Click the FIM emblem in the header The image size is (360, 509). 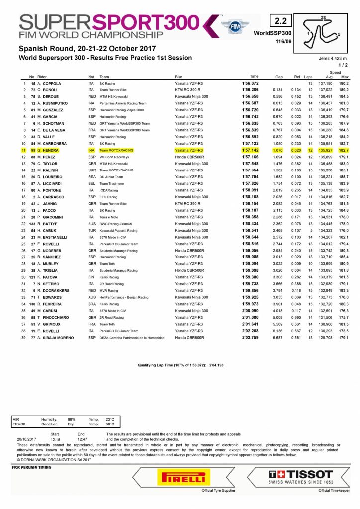231,25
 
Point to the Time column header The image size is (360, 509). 254,77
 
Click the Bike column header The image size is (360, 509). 179,77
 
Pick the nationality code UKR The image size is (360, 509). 91,170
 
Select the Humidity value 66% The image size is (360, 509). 71,419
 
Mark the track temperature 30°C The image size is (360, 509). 109,424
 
